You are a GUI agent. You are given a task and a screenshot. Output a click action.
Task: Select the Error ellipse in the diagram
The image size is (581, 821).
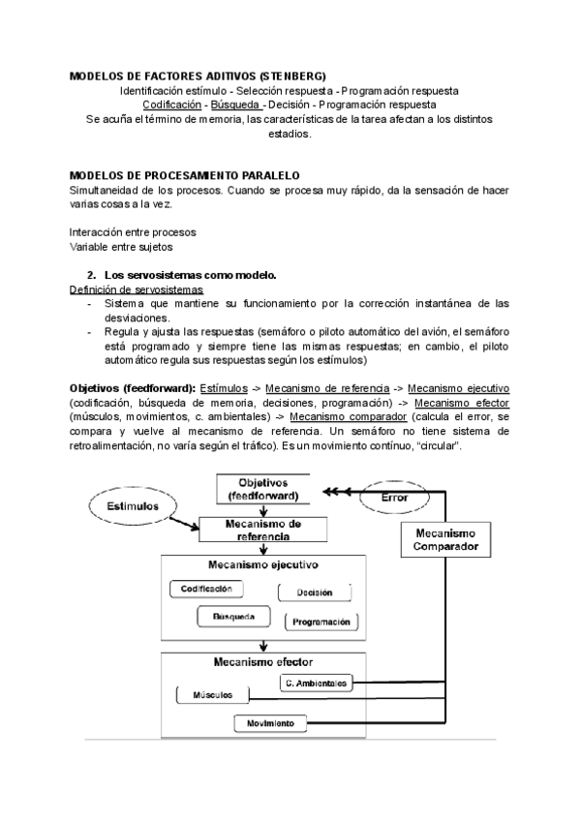coord(393,496)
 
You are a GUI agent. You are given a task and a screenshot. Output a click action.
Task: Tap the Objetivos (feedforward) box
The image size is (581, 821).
coord(263,488)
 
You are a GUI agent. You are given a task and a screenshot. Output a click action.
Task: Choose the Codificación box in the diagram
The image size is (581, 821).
coord(206,589)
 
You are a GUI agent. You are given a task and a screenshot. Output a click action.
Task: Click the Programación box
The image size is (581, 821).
coord(320,622)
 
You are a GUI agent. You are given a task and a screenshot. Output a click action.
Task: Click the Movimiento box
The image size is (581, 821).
coord(270,723)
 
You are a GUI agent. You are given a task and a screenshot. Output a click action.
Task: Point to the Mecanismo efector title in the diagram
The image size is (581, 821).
coord(261,663)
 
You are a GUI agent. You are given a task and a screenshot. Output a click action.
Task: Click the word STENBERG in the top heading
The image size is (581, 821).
coord(290,76)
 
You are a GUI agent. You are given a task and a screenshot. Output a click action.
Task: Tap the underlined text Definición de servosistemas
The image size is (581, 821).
coord(137,289)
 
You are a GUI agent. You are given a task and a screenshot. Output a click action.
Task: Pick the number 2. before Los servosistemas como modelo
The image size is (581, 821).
coord(91,275)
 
